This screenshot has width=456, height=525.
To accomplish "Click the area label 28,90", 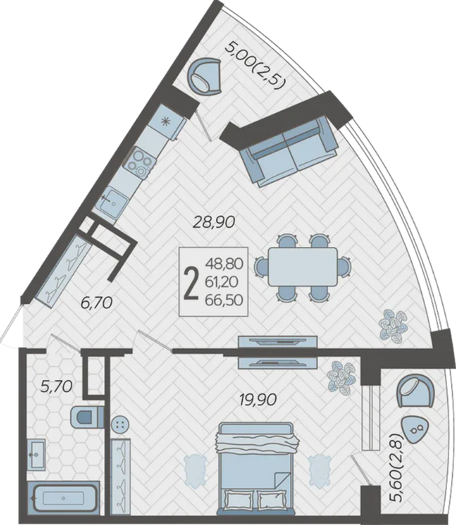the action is pos(215,222).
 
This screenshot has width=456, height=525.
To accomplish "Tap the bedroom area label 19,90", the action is pos(258,399).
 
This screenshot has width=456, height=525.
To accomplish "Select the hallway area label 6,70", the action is pos(96,303).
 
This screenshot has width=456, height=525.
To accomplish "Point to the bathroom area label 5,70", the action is pos(56,387).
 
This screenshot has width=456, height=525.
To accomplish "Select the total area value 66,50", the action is pos(224,300).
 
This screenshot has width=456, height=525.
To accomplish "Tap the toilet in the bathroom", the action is pos(87,417).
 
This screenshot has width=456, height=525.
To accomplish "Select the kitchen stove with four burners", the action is pos(140,163).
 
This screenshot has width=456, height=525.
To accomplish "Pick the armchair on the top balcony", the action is pos(205,77).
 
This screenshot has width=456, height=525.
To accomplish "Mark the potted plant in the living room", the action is pos(393,325).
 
